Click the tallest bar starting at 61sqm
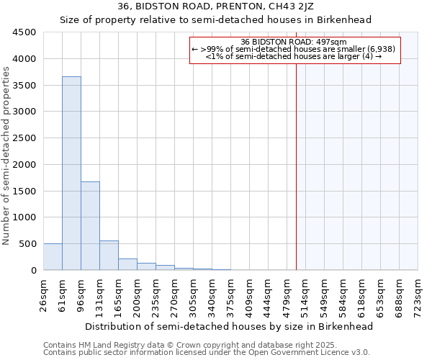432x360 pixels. tap(71, 173)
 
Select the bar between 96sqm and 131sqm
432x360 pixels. tap(90, 225)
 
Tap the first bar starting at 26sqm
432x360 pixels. tap(53, 257)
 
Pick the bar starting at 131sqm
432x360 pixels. tap(109, 256)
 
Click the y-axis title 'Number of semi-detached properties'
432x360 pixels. tap(7, 156)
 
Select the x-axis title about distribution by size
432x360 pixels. tap(230, 326)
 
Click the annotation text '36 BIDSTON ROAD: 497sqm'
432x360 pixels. tap(294, 42)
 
